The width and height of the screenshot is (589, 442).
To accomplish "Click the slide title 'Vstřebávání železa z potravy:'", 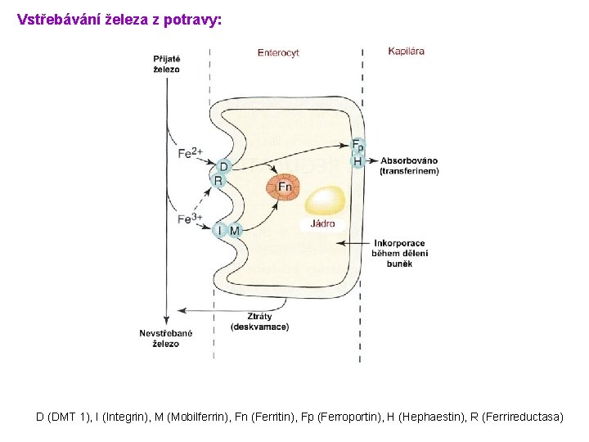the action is click(x=119, y=19).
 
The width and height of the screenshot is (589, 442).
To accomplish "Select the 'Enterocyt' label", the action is click(x=278, y=53).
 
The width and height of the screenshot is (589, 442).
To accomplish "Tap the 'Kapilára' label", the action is click(x=406, y=51).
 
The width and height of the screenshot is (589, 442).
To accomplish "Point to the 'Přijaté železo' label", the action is click(x=167, y=64).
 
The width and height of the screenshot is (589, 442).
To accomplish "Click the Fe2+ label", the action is click(x=190, y=153).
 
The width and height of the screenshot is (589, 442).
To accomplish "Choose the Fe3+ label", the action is click(x=190, y=219).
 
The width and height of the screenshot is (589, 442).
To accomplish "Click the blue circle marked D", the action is click(x=223, y=167).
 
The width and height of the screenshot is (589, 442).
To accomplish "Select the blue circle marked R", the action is click(x=218, y=181).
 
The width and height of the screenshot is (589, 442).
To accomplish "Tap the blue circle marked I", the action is click(x=219, y=231).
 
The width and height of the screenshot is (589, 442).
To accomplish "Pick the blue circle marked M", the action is click(x=235, y=231).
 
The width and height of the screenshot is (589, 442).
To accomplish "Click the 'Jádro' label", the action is click(x=321, y=223).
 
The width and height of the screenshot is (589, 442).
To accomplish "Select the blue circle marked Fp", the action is click(x=357, y=147).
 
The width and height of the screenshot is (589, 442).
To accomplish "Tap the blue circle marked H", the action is click(x=357, y=161).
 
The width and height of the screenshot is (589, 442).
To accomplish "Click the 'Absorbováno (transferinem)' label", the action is click(x=409, y=166).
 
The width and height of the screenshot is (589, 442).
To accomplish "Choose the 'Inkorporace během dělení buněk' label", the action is click(x=400, y=253).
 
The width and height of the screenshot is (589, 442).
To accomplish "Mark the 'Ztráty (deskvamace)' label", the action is click(x=259, y=322).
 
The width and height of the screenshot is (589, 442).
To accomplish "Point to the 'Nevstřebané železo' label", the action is click(x=165, y=338).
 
